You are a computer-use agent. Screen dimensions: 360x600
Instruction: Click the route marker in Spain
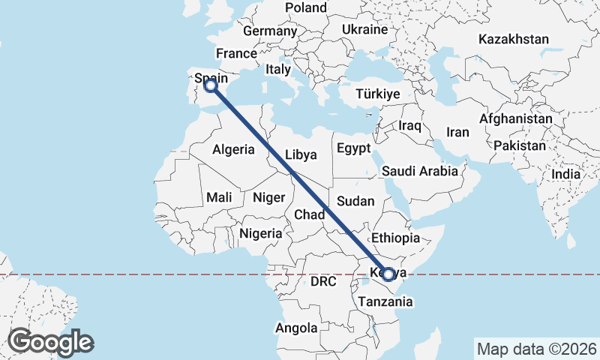[211, 86]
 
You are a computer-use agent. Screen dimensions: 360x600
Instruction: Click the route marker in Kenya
[388, 274]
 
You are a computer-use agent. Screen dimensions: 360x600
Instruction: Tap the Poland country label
[306, 8]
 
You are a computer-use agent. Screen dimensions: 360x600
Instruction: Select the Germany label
[270, 31]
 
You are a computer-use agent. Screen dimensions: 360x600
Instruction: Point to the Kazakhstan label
[514, 39]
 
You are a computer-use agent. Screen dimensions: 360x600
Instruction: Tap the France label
[236, 53]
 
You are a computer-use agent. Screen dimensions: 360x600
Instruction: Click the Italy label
[278, 69]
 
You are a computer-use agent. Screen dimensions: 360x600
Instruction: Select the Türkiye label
[378, 94]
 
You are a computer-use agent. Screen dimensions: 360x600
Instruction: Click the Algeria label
[233, 149]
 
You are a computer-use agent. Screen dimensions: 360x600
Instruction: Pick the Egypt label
[354, 148]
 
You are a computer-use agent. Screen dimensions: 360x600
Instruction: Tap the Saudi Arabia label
[419, 171]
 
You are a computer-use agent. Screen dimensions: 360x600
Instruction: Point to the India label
[565, 174]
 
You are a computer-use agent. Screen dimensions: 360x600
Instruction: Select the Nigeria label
[260, 233]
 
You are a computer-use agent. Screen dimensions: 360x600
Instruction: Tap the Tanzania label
[385, 301]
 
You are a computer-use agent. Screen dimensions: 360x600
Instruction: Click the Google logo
[50, 342]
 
